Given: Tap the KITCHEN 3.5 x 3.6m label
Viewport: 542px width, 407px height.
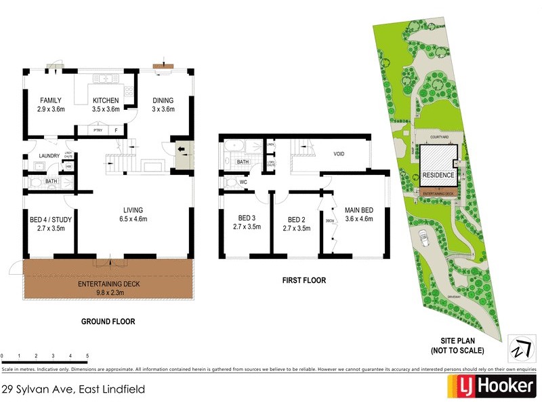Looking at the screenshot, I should click(106, 104).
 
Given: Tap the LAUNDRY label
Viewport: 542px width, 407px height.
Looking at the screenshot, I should click(49, 156).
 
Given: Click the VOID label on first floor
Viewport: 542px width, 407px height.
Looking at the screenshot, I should click(339, 154).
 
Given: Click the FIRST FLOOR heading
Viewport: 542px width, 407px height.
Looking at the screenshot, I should click(304, 280).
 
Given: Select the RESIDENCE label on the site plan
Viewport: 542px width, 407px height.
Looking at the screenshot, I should click(438, 175).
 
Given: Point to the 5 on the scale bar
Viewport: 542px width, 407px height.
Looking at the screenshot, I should click(87, 355).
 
